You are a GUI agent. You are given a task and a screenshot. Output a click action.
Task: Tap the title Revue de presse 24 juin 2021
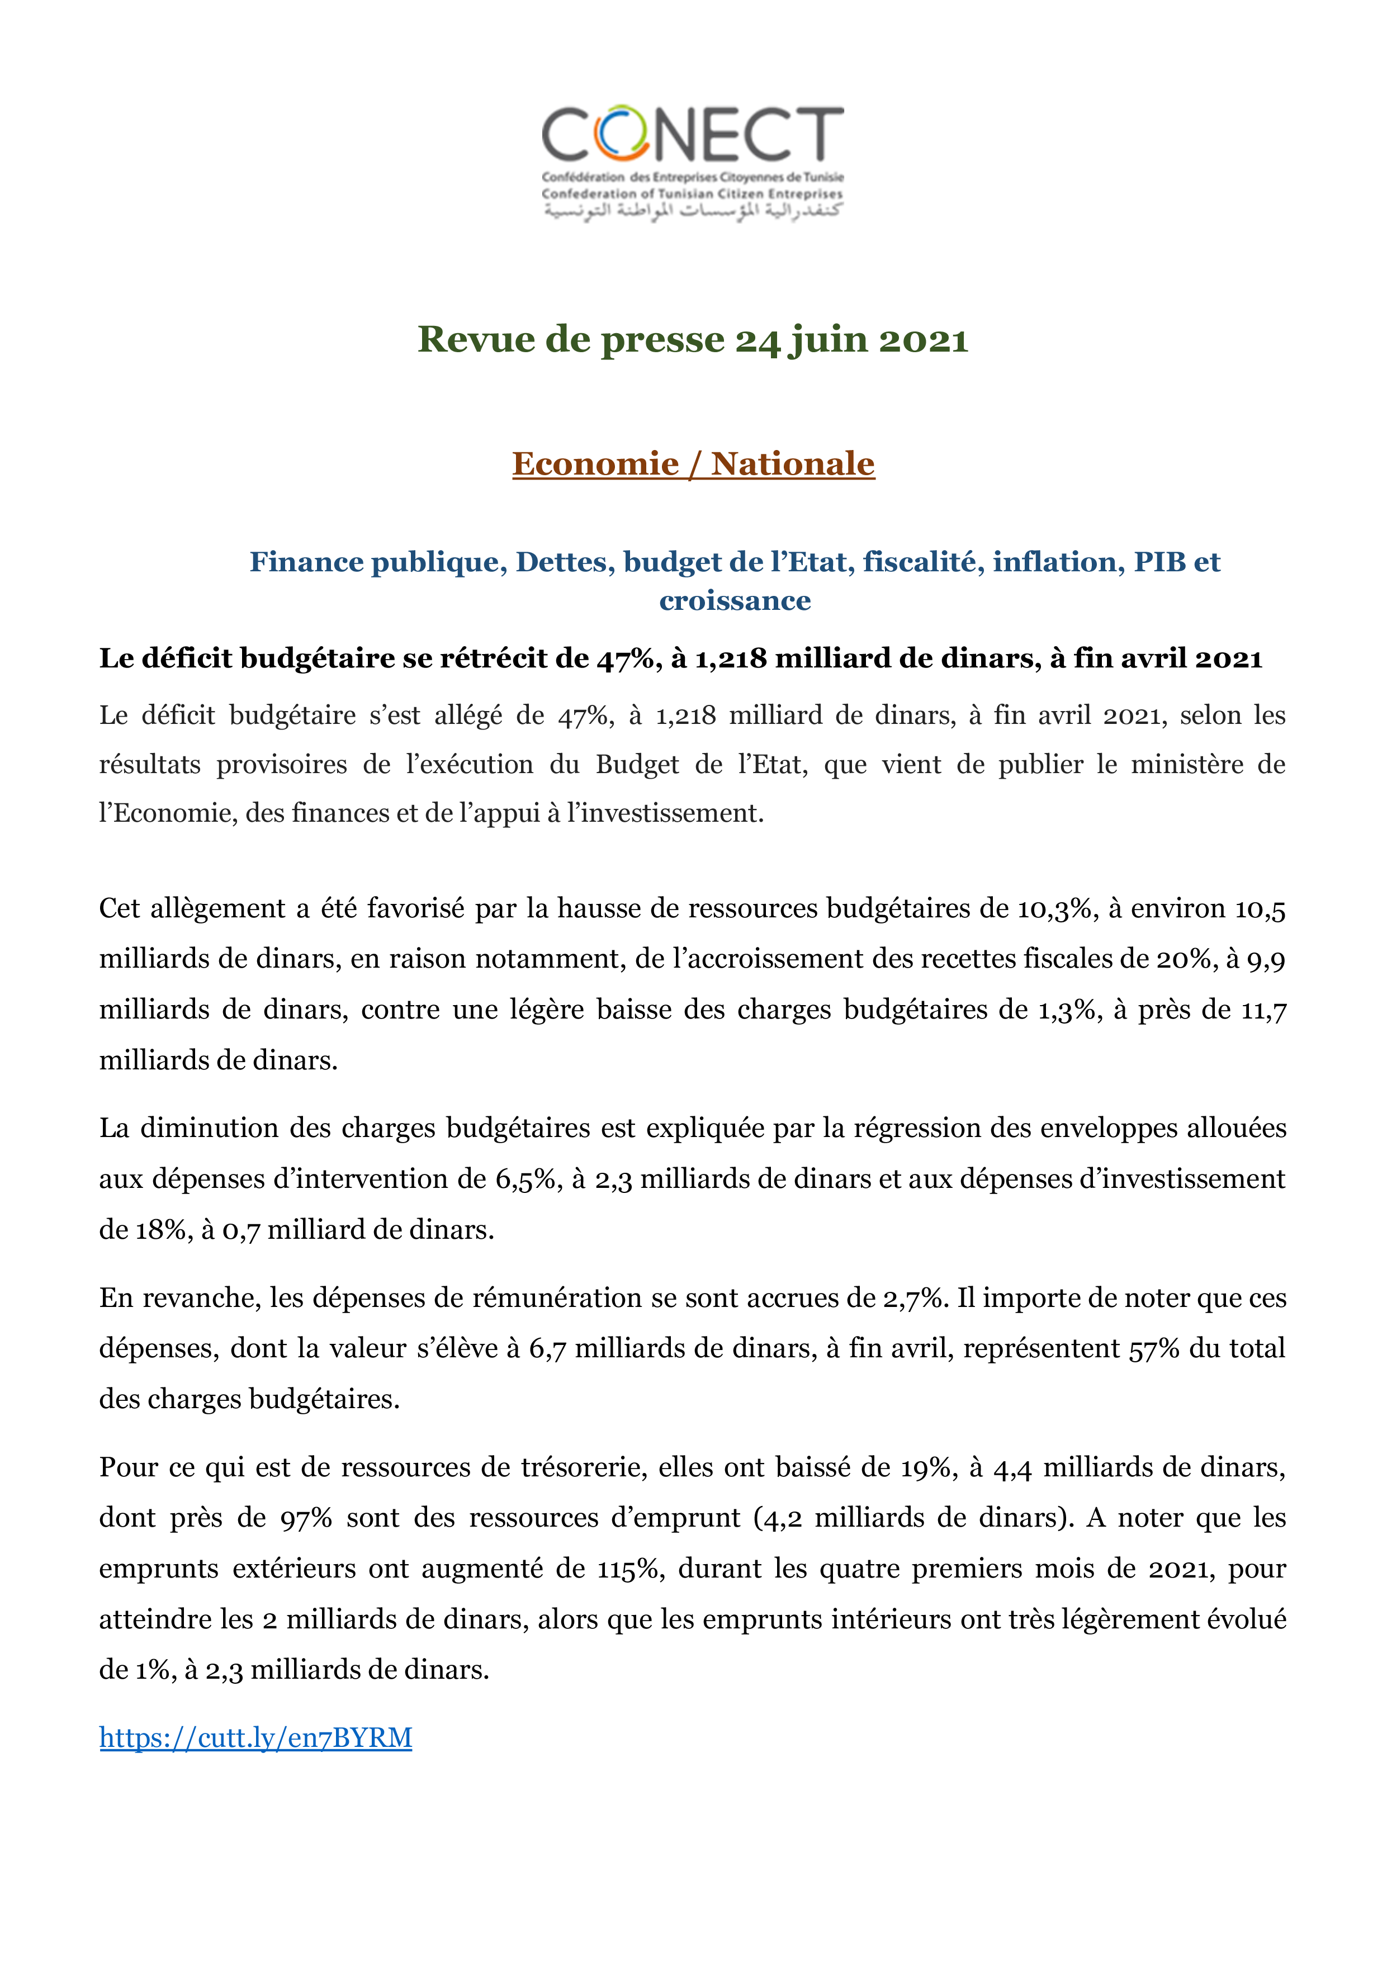(x=693, y=339)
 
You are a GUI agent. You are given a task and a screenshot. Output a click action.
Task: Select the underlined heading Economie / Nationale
(x=693, y=464)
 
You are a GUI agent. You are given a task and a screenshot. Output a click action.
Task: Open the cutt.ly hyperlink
(x=255, y=1737)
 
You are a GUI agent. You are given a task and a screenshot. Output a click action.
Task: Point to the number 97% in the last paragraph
(x=306, y=1519)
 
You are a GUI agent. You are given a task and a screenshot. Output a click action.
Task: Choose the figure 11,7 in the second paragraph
(x=1263, y=1010)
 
